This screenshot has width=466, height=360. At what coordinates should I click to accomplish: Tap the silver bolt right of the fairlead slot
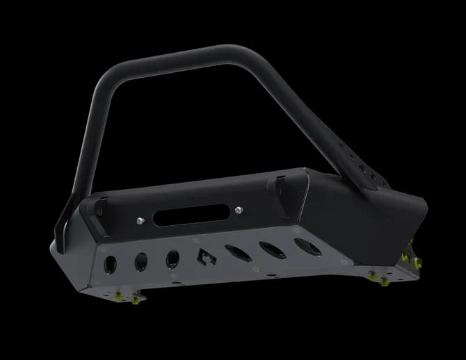coord(239,209)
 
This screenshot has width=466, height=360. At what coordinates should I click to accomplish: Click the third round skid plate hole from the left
coord(172,259)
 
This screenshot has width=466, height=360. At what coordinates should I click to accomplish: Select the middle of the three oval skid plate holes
coord(268,248)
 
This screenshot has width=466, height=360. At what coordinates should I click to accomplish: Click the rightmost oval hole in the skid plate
coord(303,244)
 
